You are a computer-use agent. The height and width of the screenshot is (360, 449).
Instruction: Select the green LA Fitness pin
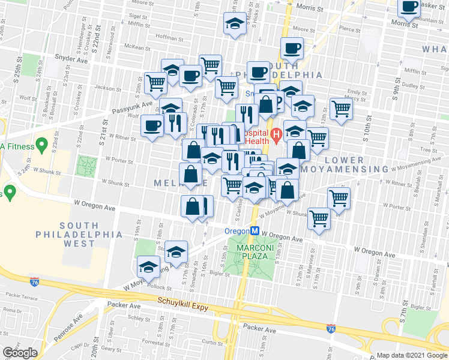tap(41, 144)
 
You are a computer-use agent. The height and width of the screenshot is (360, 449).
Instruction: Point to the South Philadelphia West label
tap(79, 239)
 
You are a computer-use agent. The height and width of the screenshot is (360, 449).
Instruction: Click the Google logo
tap(20, 353)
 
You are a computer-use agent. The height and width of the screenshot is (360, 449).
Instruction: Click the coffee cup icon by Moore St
tap(292, 47)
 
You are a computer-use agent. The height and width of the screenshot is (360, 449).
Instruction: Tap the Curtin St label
tap(212, 342)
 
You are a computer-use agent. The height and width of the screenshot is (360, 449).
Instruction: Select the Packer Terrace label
tap(21, 296)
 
